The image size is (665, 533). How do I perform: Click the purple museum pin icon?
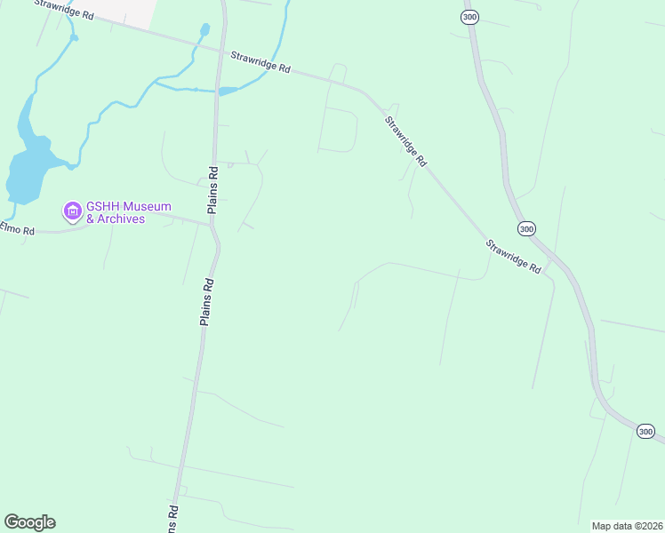[x=72, y=211]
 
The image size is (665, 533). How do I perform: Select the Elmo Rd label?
[x=17, y=230]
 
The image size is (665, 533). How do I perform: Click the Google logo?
[x=29, y=522]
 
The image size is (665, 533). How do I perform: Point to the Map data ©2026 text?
[x=626, y=526]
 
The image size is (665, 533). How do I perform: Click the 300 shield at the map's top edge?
[x=470, y=17]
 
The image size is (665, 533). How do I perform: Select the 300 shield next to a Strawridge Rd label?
[x=526, y=229]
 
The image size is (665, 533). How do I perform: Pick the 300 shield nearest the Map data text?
[x=646, y=431]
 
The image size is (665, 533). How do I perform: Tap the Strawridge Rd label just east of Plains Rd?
[x=260, y=61]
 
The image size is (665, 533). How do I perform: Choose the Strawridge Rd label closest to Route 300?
[x=513, y=255]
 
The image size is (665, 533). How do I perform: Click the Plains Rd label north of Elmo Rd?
[x=212, y=189]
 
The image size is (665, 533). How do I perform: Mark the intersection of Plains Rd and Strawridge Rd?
[x=218, y=48]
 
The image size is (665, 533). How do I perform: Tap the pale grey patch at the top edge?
[x=124, y=11]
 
